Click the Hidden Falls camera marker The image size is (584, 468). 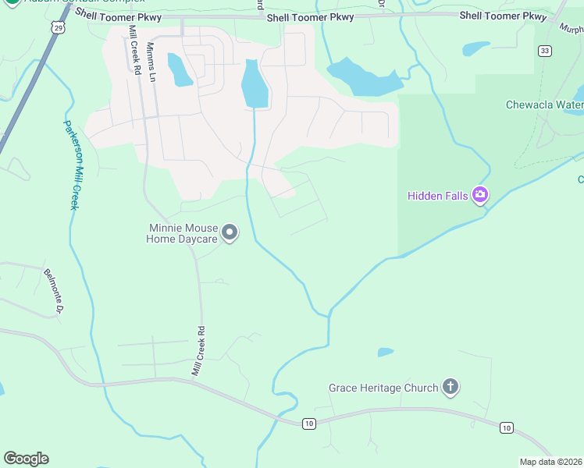point(480,195)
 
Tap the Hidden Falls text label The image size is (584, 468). point(437,196)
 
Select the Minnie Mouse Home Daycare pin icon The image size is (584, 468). point(230,232)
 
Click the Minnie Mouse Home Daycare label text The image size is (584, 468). point(182,233)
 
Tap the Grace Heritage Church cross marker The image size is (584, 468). point(450,387)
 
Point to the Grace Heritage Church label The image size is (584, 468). point(383,388)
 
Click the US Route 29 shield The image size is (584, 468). point(57,27)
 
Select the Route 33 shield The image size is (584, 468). point(544,51)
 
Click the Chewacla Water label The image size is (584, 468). point(544,105)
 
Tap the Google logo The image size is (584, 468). point(26,459)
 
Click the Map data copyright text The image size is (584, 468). point(550,462)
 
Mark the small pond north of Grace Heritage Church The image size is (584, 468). point(386,353)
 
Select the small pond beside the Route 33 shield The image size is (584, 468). point(475,49)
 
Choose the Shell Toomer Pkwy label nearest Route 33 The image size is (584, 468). point(504,16)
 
